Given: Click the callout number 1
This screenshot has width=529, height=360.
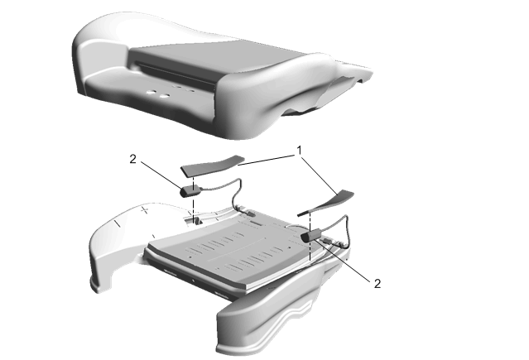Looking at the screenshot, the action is tap(299, 151).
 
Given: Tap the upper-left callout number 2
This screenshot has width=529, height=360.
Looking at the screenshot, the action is tap(133, 159).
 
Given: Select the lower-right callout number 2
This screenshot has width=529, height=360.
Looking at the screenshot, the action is tap(378, 284).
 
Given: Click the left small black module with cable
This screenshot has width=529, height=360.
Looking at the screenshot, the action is tap(190, 191).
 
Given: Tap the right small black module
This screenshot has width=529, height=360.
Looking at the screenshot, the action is tap(310, 235).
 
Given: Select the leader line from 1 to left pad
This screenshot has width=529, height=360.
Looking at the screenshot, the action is tap(267, 160).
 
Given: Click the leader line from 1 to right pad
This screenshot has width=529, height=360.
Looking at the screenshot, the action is tap(318, 175).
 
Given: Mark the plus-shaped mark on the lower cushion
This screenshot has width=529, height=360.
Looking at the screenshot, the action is tap(145, 210).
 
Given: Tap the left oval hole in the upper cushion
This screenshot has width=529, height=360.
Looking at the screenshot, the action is tap(151, 92).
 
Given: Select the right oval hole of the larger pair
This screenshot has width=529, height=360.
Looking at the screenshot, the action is tap(164, 96).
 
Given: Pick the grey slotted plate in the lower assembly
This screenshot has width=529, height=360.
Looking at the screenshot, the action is tap(233, 250).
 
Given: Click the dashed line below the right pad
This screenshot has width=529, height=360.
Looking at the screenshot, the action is tap(310, 236).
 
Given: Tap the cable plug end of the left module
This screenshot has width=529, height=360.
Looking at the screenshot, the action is tap(250, 214).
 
